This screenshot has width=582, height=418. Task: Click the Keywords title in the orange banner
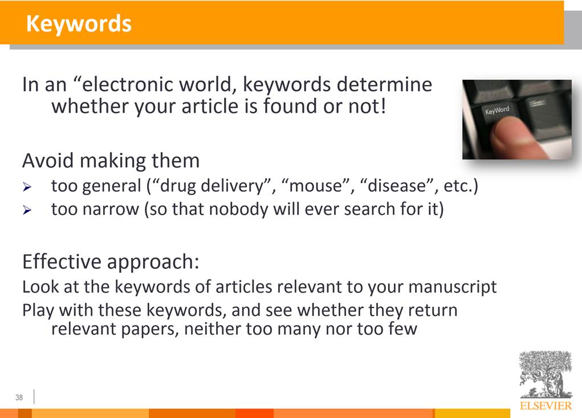click(x=79, y=23)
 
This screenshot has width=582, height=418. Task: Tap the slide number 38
click(x=19, y=397)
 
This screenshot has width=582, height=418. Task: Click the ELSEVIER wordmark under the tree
click(x=546, y=405)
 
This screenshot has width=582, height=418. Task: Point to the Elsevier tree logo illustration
click(x=546, y=374)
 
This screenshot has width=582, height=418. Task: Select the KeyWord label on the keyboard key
click(x=496, y=110)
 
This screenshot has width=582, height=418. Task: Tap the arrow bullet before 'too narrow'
click(x=27, y=210)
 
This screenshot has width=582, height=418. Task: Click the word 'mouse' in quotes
click(x=315, y=185)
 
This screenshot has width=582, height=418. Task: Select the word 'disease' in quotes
click(x=396, y=185)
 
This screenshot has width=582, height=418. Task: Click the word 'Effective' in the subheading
click(x=62, y=261)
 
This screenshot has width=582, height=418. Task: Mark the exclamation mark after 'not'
click(x=382, y=106)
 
